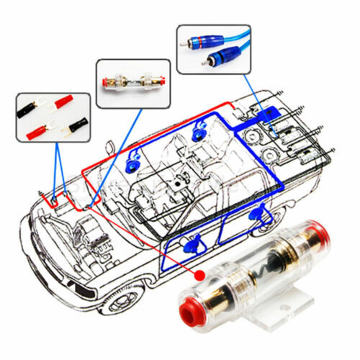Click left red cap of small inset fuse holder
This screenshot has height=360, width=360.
(x=109, y=82)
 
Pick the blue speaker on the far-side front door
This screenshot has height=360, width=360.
(x=134, y=164)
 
